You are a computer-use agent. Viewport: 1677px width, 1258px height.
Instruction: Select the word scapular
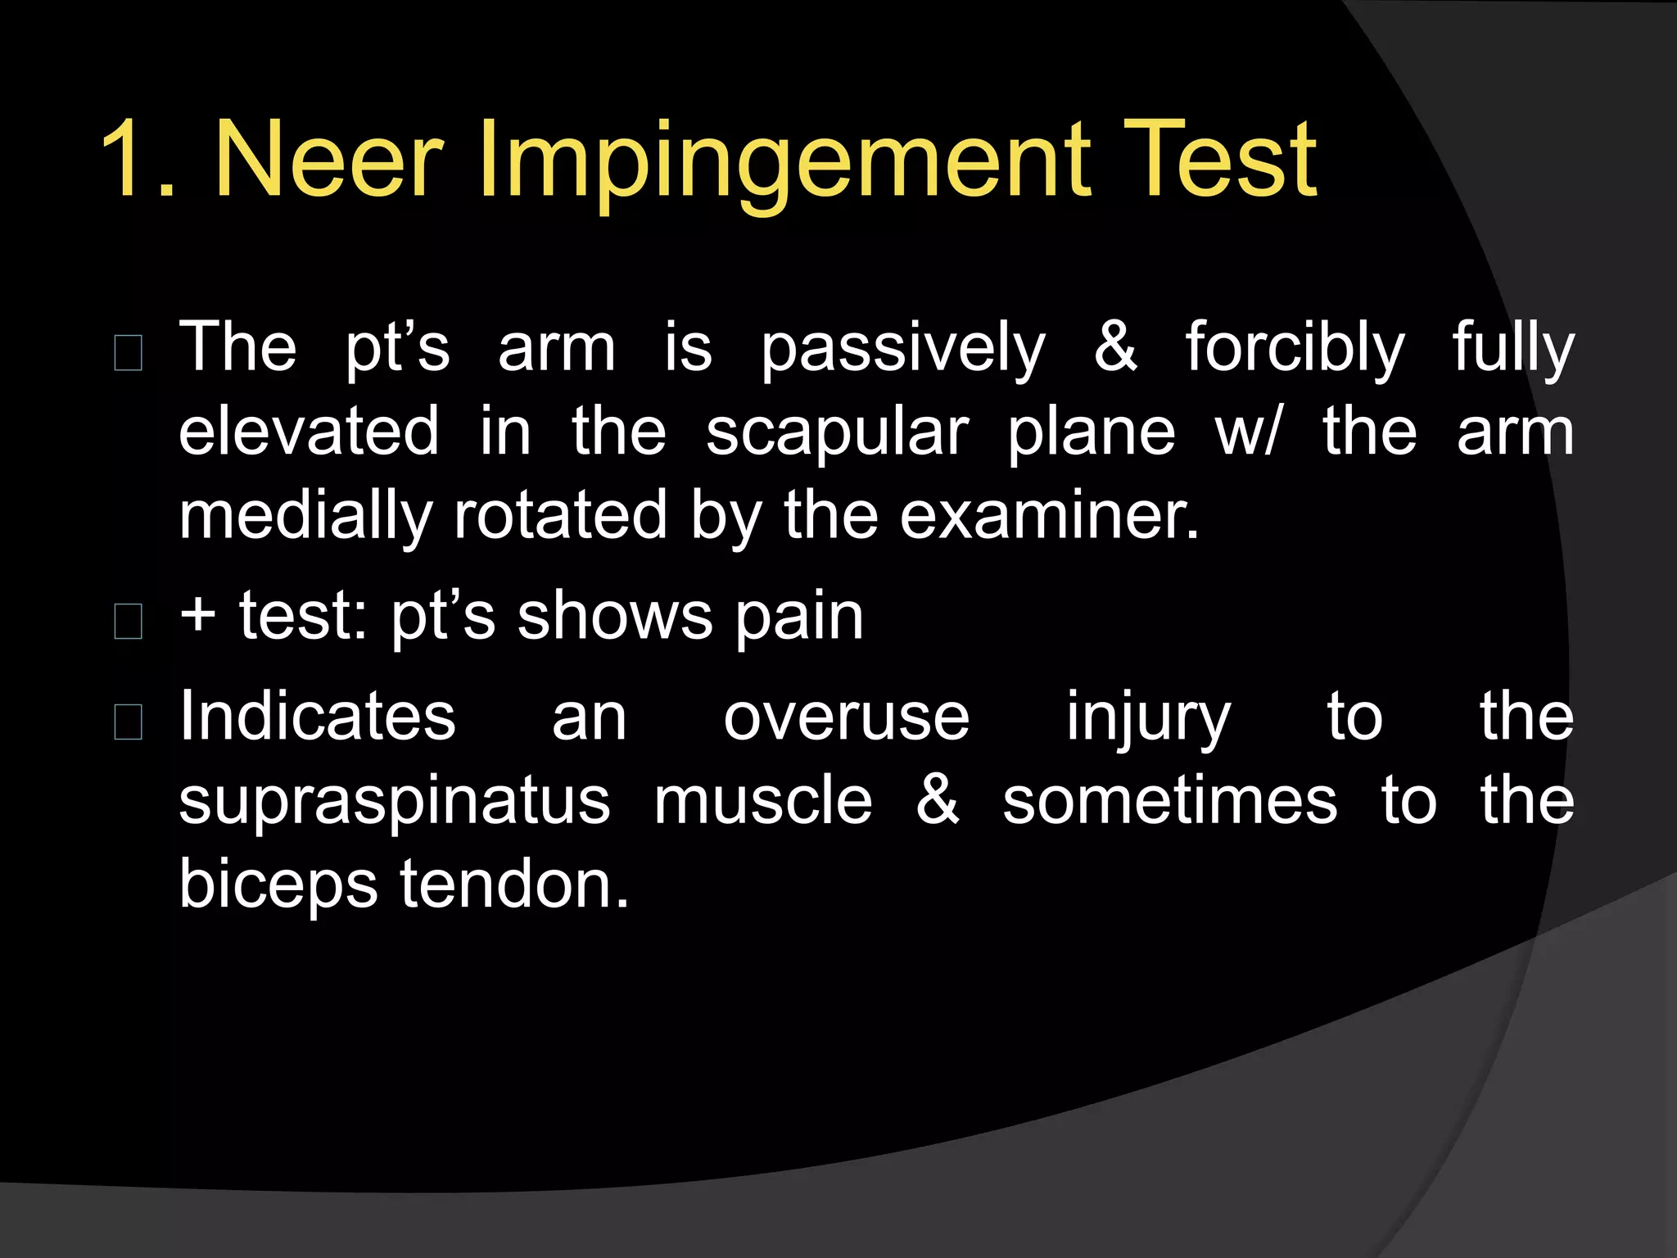tap(837, 433)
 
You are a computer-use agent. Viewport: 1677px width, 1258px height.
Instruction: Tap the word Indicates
tap(317, 716)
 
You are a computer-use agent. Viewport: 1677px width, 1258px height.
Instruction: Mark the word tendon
tap(513, 885)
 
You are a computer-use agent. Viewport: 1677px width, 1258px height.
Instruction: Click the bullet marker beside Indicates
tap(129, 721)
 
